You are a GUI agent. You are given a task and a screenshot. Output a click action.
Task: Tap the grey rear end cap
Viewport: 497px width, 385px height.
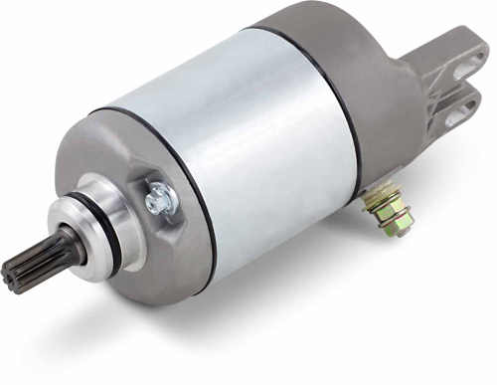pos(378,90)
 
